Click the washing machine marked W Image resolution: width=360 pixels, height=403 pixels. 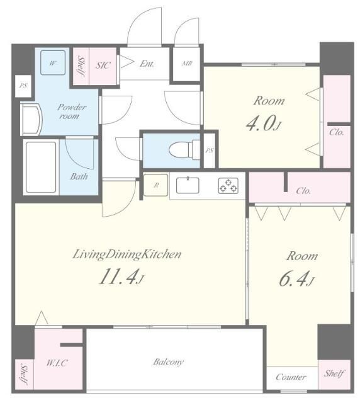tap(53, 63)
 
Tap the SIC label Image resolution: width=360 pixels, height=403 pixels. tap(103, 65)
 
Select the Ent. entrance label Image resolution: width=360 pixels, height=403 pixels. tap(147, 64)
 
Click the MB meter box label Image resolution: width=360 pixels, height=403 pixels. tap(187, 63)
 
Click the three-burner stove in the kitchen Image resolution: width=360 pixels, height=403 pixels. tap(228, 186)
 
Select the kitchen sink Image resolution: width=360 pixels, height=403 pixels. tap(188, 185)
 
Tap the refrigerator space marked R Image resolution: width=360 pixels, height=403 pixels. tap(155, 185)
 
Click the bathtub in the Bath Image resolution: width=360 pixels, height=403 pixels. tap(41, 167)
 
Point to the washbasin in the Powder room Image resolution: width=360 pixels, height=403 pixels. tap(31, 120)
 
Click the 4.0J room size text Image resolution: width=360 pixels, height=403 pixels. tap(264, 124)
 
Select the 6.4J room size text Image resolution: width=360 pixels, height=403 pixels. tap(296, 280)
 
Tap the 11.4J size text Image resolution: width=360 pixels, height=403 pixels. tap(121, 277)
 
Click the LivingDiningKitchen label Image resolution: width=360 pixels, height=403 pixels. tap(127, 254)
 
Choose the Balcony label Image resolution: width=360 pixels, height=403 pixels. tap(168, 362)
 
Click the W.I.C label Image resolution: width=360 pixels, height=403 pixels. tap(57, 363)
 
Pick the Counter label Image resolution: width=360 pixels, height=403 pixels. tap(291, 377)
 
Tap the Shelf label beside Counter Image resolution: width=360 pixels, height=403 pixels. tap(334, 373)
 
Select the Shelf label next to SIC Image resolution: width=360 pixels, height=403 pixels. tap(81, 65)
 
